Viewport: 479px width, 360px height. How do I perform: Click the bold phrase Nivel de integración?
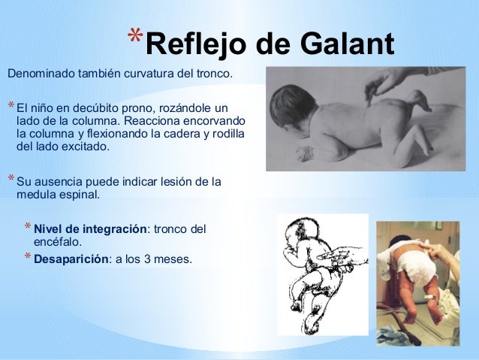pos(89,228)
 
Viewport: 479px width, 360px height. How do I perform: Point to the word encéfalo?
pos(59,242)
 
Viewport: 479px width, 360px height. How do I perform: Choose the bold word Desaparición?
pos(71,259)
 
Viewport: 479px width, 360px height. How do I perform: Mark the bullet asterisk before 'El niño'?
pos(10,104)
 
